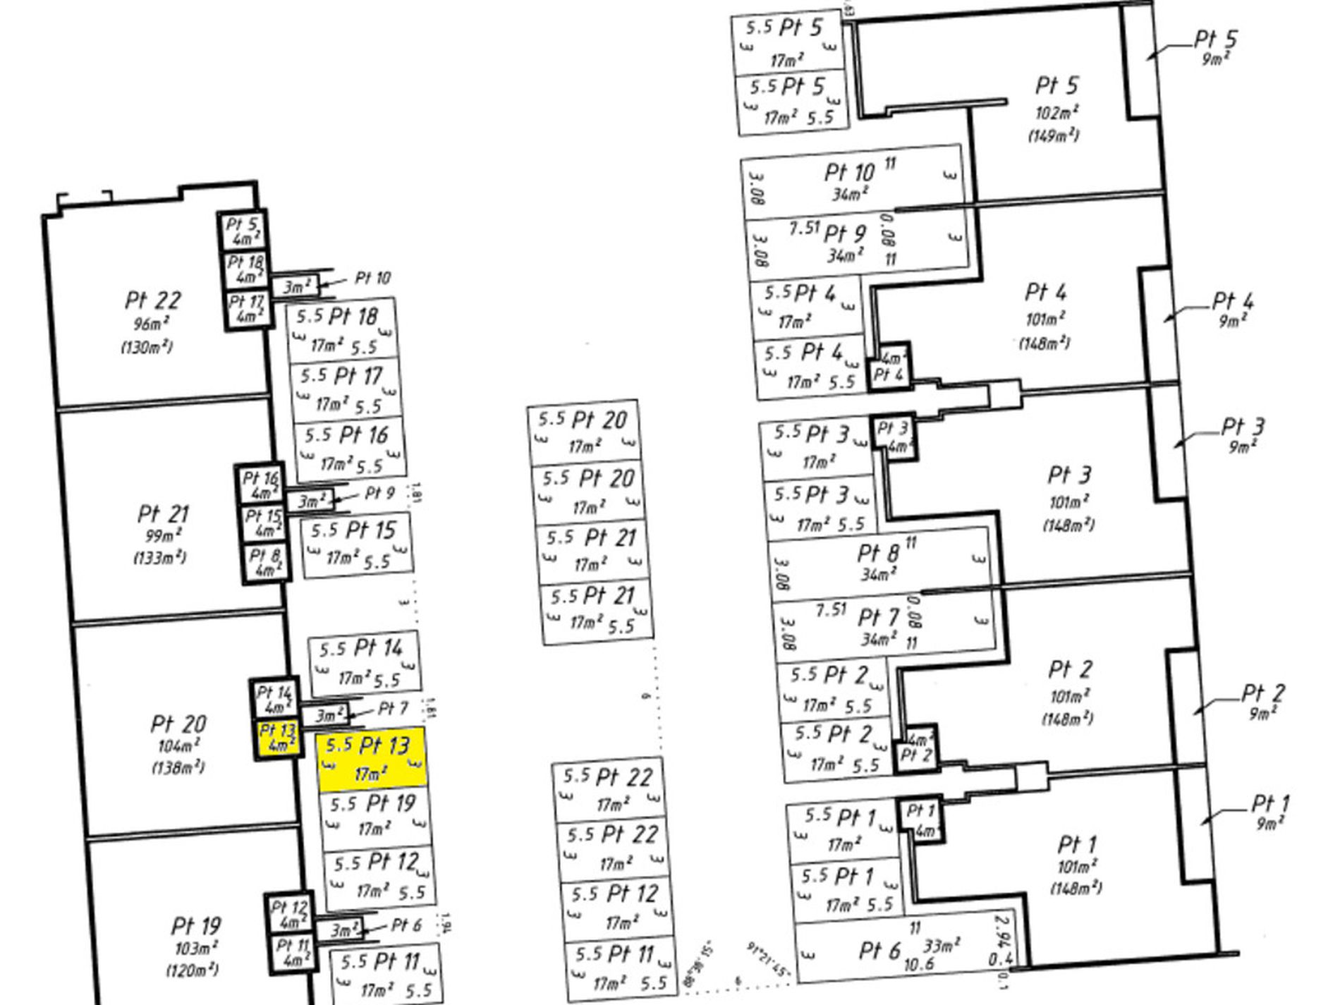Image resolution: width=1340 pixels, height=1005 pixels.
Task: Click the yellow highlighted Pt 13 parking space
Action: point(372,759)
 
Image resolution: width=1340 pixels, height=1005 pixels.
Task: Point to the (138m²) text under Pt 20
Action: point(178,767)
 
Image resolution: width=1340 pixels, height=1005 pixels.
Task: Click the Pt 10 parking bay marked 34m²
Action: point(851,181)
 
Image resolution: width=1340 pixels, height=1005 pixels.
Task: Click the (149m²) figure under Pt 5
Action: point(1053,135)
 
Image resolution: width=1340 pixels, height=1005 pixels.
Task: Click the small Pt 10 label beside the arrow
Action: point(372,278)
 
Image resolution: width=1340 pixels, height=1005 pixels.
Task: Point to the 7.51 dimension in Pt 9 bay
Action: point(804,228)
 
